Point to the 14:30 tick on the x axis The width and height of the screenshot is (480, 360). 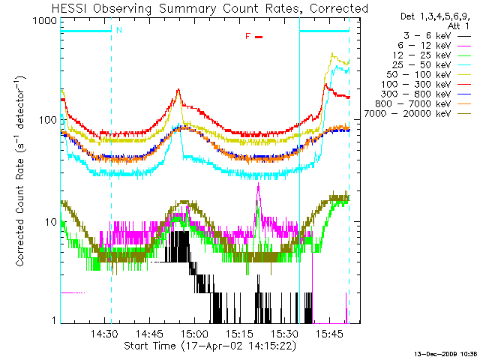pyautogui.click(x=106, y=333)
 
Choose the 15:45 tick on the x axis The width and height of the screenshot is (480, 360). pyautogui.click(x=329, y=333)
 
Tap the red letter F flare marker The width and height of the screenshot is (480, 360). pyautogui.click(x=248, y=36)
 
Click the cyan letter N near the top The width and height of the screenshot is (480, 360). pyautogui.click(x=118, y=31)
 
